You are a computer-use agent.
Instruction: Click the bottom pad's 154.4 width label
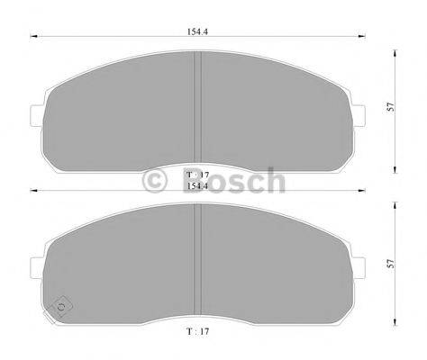(x=195, y=186)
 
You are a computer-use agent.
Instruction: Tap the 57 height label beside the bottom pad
(x=390, y=264)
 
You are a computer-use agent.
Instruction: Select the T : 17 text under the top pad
(x=196, y=173)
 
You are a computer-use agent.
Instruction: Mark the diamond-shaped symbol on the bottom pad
(x=62, y=305)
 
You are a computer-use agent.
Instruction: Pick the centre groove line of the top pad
(x=197, y=108)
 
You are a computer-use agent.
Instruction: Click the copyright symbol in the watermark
(x=155, y=182)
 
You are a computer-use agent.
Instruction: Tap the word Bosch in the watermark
(x=230, y=182)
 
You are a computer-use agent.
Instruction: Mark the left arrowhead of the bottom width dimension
(x=33, y=191)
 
